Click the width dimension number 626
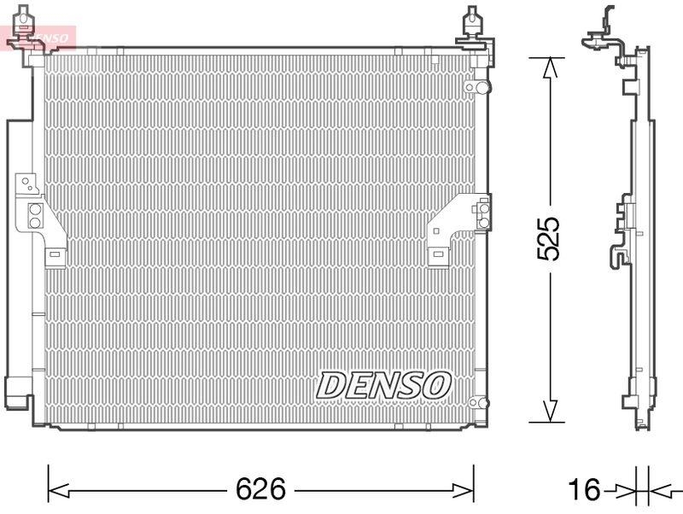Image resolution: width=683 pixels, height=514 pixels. [261, 489]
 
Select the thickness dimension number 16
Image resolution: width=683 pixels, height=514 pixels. [586, 490]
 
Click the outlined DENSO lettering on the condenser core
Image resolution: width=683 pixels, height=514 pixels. [383, 385]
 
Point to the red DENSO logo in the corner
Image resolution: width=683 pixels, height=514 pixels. [38, 37]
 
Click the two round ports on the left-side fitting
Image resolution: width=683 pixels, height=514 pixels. [35, 215]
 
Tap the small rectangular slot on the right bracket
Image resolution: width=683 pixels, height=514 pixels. [436, 253]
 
